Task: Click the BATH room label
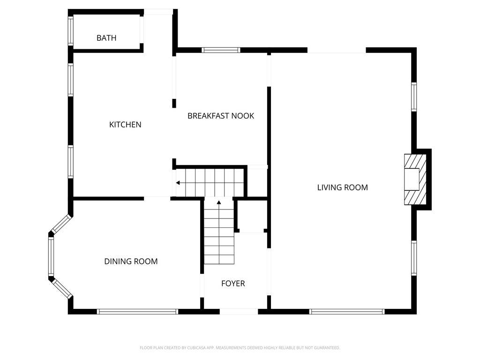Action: (x=106, y=38)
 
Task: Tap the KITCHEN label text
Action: (x=125, y=125)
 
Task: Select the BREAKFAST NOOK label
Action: (x=221, y=116)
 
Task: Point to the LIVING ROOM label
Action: (x=342, y=187)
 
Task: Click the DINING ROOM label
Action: (x=131, y=262)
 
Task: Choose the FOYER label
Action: (x=233, y=284)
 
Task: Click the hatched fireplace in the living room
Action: (x=415, y=180)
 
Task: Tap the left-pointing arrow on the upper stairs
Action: (x=179, y=183)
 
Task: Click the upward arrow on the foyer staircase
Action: (x=219, y=202)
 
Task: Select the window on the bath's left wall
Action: (x=71, y=31)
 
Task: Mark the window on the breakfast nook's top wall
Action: (x=221, y=50)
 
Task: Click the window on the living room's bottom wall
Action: (x=347, y=311)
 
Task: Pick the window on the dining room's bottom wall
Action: (x=137, y=311)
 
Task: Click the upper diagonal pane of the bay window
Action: (x=61, y=224)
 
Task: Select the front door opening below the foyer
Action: (x=239, y=311)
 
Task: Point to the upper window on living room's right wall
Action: (x=414, y=97)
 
